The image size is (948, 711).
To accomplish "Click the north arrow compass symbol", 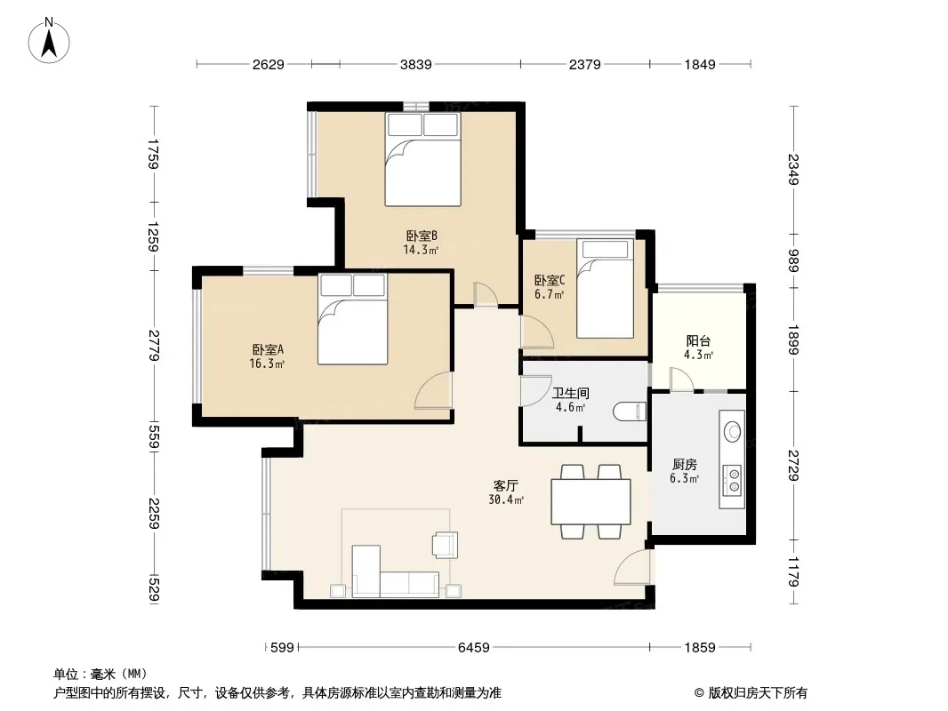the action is pos(49,41).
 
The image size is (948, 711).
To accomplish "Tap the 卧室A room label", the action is pos(268,349).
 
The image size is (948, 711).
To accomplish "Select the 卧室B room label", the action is pos(422,236).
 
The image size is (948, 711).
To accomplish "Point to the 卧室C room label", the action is pos(550,280).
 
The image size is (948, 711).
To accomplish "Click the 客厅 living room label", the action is pos(506,485).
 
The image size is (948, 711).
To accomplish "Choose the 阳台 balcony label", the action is pos(698,340).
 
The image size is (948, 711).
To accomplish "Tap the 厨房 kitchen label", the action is pos(685,464).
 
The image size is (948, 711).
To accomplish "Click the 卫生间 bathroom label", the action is pos(571,393).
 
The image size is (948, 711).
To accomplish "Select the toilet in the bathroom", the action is pos(630,412).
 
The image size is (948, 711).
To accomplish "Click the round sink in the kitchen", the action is pos(733,431).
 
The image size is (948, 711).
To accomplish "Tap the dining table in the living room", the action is pos(590,501).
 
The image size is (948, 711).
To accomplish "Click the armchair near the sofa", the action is pos(445,544).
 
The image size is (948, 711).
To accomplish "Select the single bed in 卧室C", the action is pos(605,289).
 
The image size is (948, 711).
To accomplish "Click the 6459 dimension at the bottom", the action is pos(473,648).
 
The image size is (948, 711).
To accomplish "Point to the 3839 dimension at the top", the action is pos(416,64).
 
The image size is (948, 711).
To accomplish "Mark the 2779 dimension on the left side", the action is pos(154,346).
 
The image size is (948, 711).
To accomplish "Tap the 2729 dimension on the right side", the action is pos(793,466).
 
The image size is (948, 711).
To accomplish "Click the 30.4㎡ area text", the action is pos(506,499).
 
